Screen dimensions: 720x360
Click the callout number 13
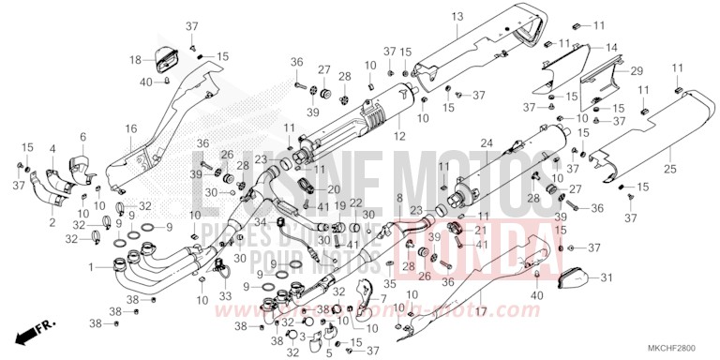point(457,17)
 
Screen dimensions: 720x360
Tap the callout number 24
point(487,143)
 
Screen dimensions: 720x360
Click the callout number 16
point(131,127)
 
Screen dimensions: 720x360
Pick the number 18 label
point(136,60)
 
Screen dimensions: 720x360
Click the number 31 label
point(606,277)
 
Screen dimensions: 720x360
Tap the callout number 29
point(637,71)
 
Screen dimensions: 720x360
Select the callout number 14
point(611,47)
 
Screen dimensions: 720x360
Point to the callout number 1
point(92,268)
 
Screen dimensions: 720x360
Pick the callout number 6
point(82,137)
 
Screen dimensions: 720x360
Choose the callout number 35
point(390,283)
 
